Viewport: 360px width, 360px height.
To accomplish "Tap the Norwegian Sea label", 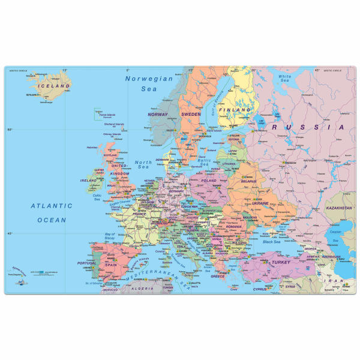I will tap(148, 83).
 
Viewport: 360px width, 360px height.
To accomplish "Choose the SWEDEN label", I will tap(191, 114).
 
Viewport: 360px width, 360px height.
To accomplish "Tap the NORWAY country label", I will tap(158, 114).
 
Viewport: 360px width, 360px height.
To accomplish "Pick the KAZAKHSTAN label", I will tap(339, 208).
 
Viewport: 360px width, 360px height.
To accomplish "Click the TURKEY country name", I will tap(281, 262).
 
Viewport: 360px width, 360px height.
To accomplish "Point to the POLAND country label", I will tap(209, 180).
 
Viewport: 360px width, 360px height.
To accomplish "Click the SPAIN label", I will tap(110, 265).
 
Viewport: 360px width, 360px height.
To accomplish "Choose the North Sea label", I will tap(143, 164).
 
